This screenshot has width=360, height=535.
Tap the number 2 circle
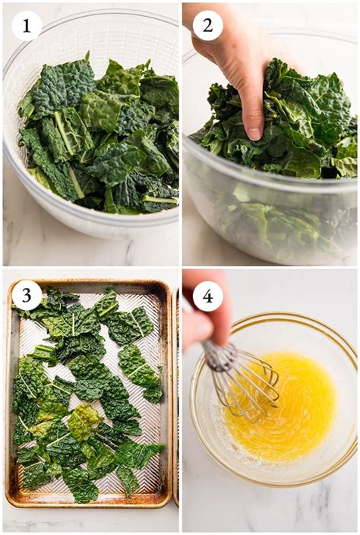(x=207, y=25)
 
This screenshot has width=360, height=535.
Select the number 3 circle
(x=27, y=296)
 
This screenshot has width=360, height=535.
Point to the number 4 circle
(x=207, y=296)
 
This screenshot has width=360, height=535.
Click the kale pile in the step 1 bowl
(x=99, y=137)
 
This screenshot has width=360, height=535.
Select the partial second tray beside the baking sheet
(x=176, y=395)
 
